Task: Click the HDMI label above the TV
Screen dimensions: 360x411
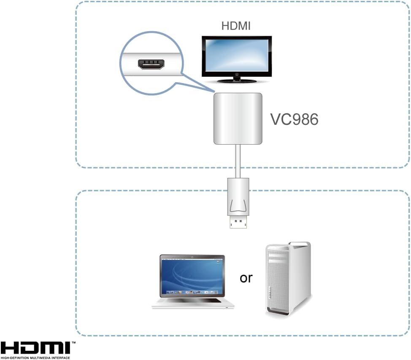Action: click(x=236, y=26)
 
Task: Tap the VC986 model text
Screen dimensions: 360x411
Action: click(x=294, y=120)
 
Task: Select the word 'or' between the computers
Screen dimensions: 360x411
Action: click(x=246, y=278)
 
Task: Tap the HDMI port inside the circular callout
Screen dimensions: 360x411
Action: click(x=151, y=65)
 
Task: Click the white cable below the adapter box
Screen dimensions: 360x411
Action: click(x=238, y=160)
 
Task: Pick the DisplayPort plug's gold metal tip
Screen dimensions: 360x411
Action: click(x=238, y=222)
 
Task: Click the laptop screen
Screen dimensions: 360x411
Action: click(x=192, y=276)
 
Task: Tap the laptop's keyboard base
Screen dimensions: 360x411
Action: click(x=192, y=303)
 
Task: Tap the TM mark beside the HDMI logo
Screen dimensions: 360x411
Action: click(x=73, y=343)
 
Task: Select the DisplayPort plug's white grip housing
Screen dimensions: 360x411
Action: click(x=238, y=196)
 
